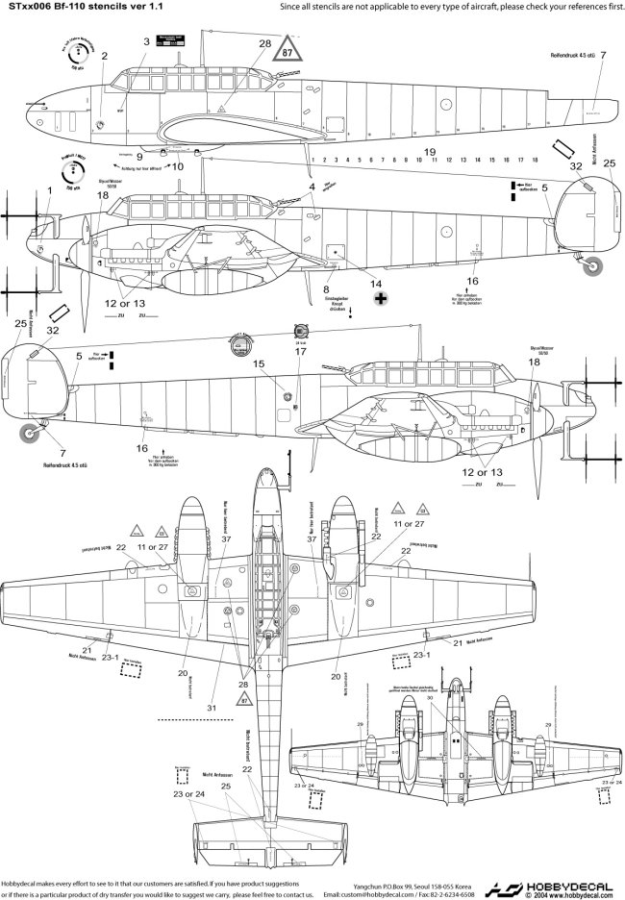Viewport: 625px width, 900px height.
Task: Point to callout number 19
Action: point(430,153)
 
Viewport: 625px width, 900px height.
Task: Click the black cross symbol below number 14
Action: point(382,300)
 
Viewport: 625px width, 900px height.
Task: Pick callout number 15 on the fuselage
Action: point(259,363)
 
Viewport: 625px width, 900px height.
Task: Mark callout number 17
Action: point(300,351)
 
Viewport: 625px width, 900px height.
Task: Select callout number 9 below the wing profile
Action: point(328,288)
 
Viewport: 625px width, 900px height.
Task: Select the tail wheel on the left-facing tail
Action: point(31,436)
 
